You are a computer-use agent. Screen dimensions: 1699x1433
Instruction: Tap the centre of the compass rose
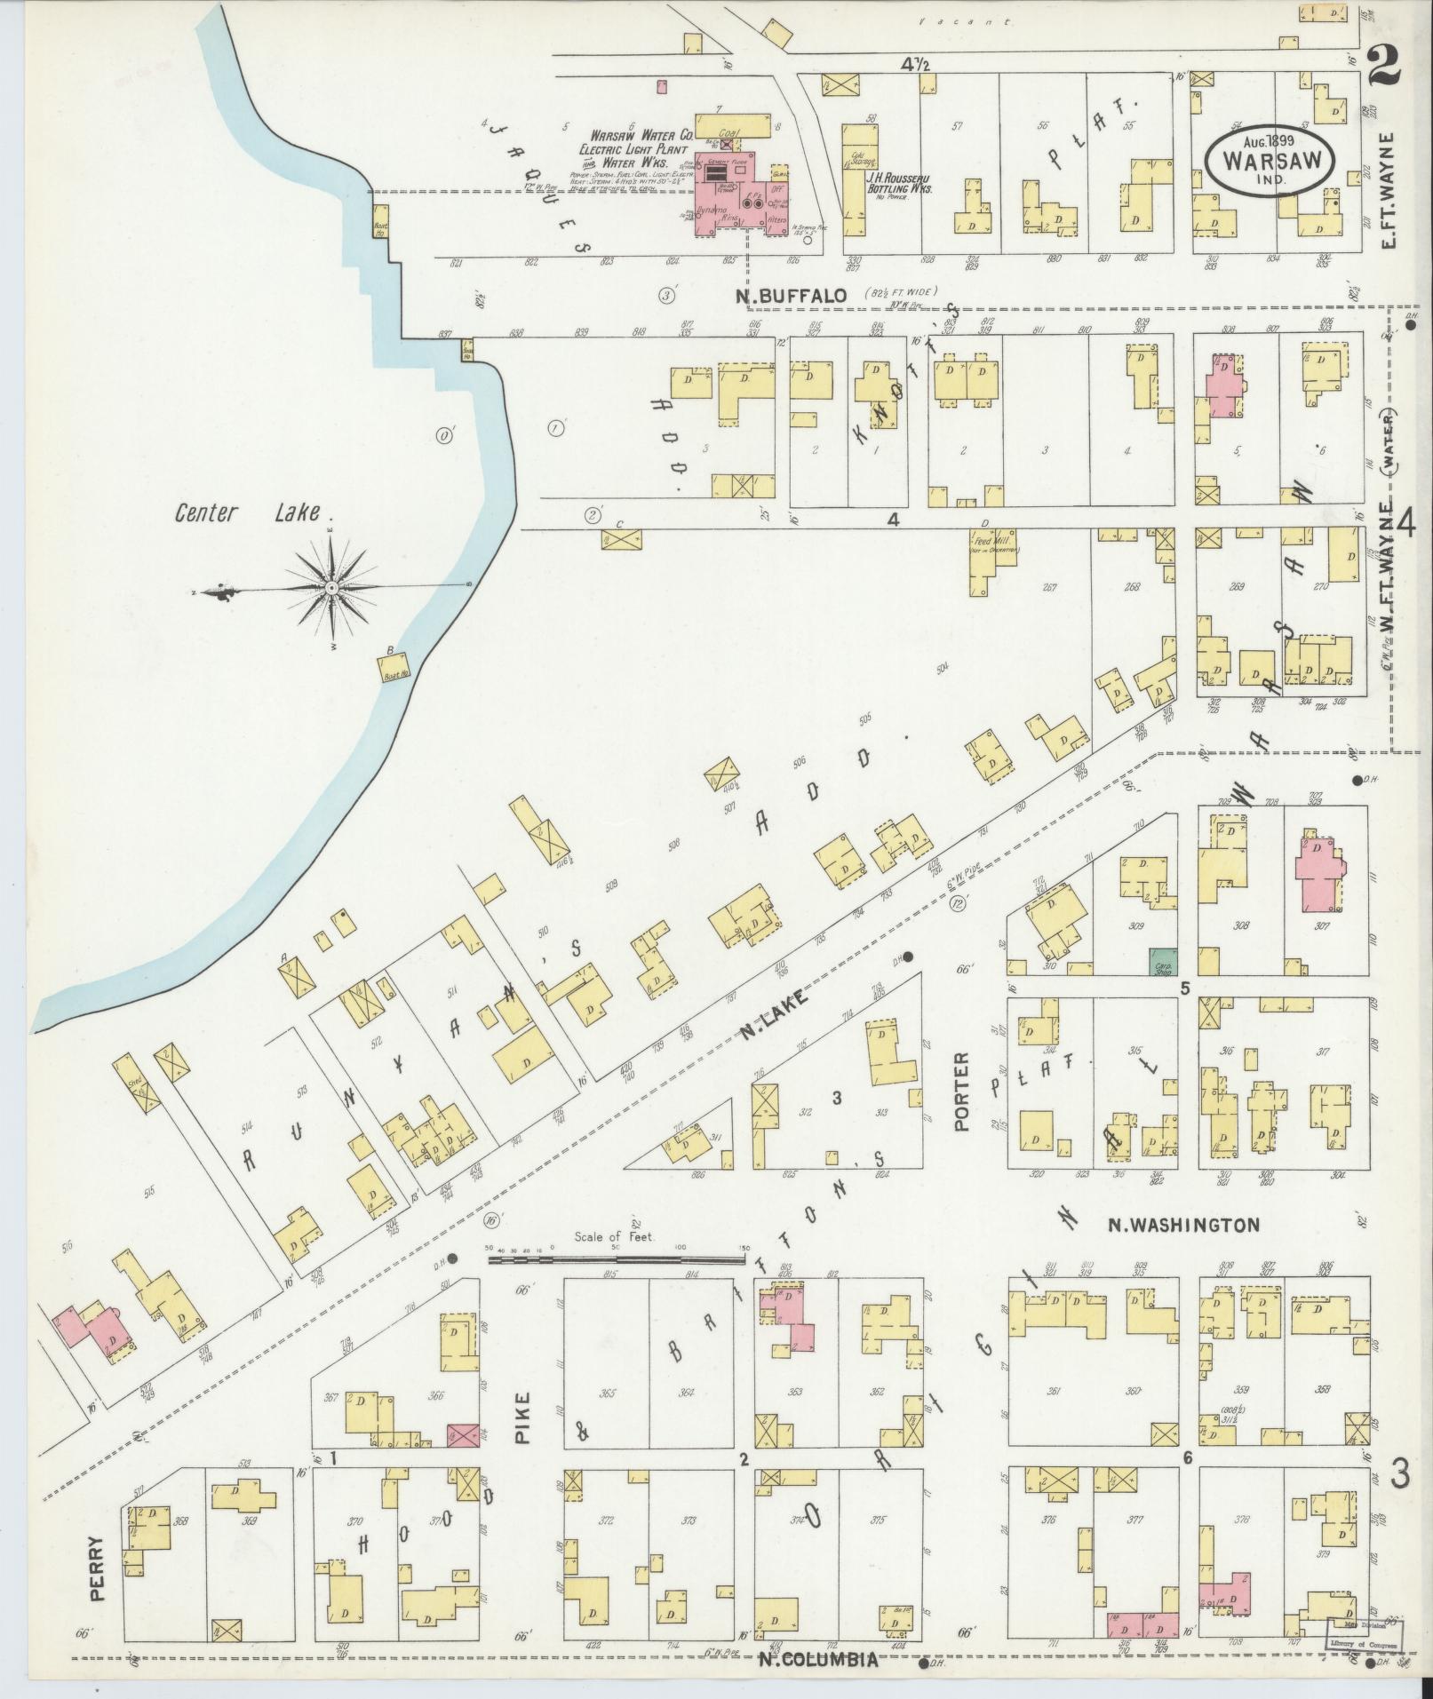[330, 588]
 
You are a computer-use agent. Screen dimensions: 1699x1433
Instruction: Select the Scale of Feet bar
[617, 1258]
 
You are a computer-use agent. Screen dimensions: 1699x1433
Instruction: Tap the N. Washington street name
[1183, 1226]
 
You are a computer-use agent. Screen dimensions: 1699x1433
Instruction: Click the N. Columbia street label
[818, 1659]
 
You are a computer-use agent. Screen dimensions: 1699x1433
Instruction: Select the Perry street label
[98, 1568]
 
